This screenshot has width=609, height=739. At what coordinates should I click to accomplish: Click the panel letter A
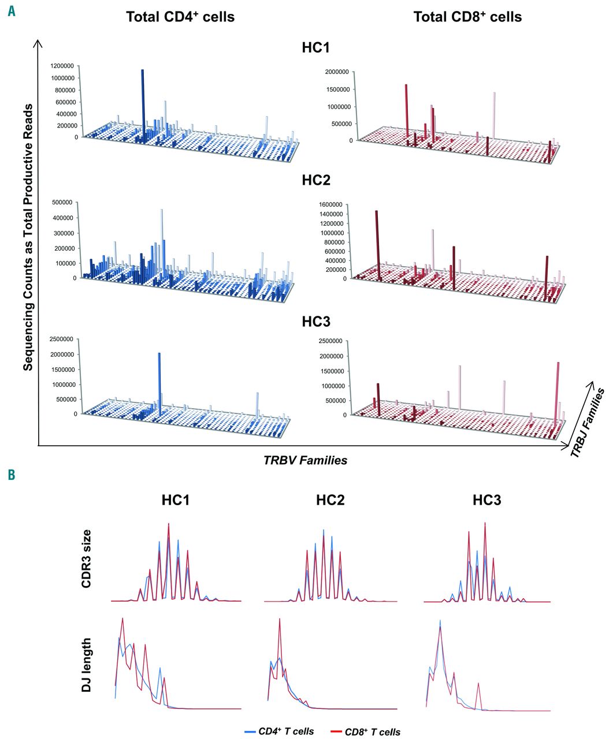point(12,10)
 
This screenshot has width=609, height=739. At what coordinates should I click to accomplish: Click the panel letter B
point(12,475)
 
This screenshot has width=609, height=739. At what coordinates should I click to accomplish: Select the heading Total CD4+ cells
point(180,17)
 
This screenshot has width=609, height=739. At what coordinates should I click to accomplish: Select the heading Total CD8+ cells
point(467,17)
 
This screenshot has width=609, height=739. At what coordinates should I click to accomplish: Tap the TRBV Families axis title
point(305,460)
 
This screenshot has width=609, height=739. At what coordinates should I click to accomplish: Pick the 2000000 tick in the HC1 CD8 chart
point(335,72)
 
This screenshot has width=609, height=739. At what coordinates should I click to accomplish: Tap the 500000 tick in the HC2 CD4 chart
point(63,202)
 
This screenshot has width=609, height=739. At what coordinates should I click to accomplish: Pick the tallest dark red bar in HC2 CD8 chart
point(377,242)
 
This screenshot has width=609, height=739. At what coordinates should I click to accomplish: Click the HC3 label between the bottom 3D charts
point(315,322)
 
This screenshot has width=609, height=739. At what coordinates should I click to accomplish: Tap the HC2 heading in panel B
point(331,500)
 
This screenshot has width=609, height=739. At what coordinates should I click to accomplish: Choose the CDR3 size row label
point(86,563)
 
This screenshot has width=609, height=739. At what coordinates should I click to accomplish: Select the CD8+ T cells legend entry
point(366,731)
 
